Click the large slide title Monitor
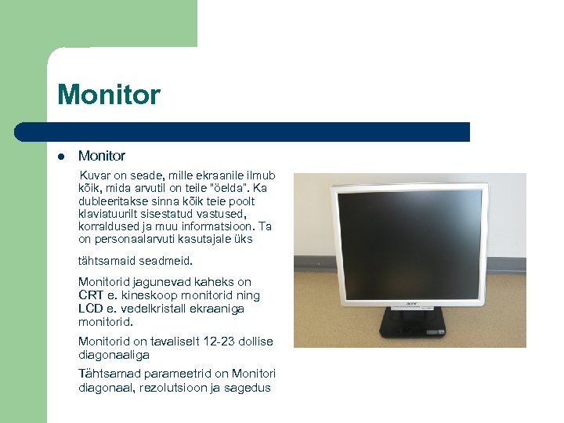coord(109,95)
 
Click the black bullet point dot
coord(61,157)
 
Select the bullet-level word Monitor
coord(102,157)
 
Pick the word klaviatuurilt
coord(108,214)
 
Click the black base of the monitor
coord(413,324)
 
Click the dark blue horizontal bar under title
coord(258,132)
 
